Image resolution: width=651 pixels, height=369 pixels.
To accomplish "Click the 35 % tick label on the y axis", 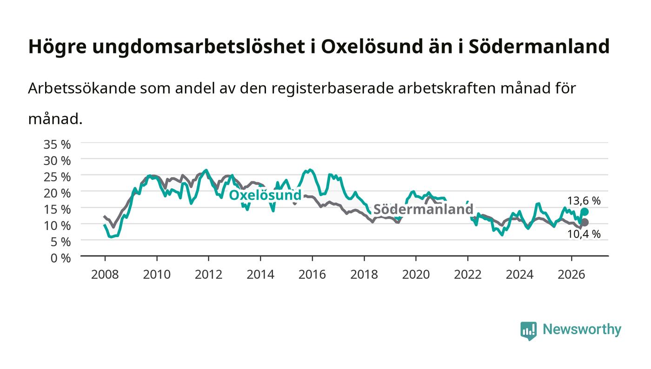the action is [57, 145].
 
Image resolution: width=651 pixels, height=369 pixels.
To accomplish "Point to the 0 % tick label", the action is [60, 258].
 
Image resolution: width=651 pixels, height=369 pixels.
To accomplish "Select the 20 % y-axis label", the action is [57, 193].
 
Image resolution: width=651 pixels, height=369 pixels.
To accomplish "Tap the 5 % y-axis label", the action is [60, 242].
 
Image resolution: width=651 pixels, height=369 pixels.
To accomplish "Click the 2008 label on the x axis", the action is [105, 275].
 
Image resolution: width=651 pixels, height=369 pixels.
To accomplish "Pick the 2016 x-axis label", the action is [312, 275].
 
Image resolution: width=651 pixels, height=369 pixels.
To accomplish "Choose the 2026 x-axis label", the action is [571, 275].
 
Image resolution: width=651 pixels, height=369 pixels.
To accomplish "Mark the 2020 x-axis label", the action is [416, 275].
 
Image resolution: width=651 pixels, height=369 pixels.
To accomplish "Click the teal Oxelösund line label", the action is [265, 195].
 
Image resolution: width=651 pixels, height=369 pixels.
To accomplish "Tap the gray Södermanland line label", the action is [424, 209].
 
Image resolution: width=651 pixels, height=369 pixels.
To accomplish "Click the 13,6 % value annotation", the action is [584, 201].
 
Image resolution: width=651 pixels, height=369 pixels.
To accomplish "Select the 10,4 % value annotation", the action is [584, 234].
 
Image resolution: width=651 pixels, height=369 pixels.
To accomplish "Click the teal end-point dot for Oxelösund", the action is [585, 212].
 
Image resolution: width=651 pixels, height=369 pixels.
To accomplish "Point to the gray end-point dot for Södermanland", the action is [585, 222].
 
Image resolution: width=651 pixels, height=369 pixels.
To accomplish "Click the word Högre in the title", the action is [57, 47].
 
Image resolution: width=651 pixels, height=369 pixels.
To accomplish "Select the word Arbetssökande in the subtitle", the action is [82, 88].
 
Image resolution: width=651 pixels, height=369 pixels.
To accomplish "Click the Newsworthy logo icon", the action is [528, 331].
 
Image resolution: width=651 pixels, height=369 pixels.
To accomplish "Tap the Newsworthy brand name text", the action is [582, 329].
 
